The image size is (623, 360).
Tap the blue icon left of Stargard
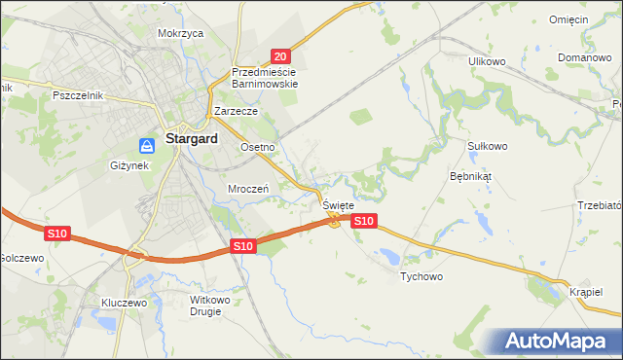[x=147, y=146]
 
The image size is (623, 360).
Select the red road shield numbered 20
[x=280, y=57]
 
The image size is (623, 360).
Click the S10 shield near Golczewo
[x=56, y=234]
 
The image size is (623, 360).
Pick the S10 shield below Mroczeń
[x=243, y=247]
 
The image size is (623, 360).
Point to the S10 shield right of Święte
[x=363, y=222]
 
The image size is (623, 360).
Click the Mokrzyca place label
[x=180, y=33]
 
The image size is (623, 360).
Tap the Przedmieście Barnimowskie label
[x=265, y=78]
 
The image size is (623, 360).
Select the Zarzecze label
[x=236, y=112]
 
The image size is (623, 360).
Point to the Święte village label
[x=338, y=206]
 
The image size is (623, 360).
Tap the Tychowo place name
[x=421, y=277]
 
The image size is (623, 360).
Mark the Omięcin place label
[x=568, y=20]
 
